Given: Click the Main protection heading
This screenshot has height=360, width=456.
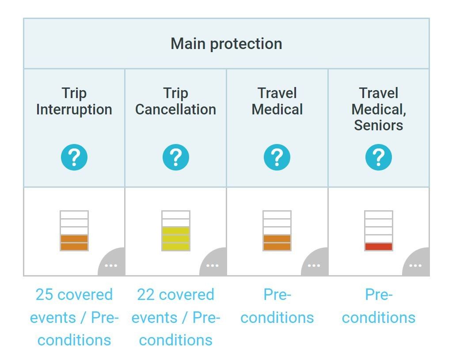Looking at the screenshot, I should [x=226, y=44].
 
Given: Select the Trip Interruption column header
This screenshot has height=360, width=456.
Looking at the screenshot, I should [x=74, y=101].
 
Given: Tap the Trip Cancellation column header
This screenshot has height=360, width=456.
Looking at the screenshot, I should [x=175, y=101].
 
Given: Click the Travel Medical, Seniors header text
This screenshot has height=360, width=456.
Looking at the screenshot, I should [x=379, y=109].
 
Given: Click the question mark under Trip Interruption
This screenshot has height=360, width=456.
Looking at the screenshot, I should [x=74, y=157].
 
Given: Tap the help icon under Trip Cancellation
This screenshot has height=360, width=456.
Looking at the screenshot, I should [x=175, y=157].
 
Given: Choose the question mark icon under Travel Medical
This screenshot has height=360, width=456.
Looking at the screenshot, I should [x=277, y=157].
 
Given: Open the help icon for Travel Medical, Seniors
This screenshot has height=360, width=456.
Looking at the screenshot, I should [x=379, y=157].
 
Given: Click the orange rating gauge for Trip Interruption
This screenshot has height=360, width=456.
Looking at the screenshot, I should [x=74, y=231].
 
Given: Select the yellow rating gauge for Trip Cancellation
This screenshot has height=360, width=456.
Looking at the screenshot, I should [x=175, y=231].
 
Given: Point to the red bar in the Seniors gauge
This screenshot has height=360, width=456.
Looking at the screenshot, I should [x=379, y=246].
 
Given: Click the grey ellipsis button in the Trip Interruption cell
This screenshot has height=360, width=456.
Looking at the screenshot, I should [x=111, y=265].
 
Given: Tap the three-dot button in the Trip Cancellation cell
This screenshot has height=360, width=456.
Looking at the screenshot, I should [x=213, y=265].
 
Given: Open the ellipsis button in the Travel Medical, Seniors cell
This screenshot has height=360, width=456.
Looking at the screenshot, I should [x=415, y=265].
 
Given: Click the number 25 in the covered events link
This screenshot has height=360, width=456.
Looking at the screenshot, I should [x=44, y=295].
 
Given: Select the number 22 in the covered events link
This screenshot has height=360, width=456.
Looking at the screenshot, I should [x=146, y=295].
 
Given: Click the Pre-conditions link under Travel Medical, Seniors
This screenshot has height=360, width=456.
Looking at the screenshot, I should [x=379, y=306].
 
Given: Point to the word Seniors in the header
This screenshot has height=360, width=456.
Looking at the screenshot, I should [x=379, y=125].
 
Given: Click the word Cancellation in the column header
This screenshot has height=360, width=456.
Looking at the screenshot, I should [x=175, y=110].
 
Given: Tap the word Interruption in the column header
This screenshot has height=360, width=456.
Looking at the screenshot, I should [x=74, y=110].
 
